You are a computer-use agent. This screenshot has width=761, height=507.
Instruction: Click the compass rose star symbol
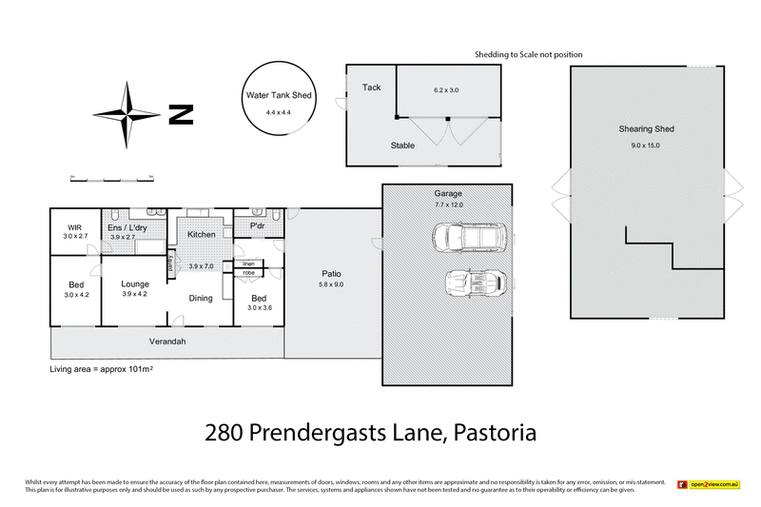point(130,115)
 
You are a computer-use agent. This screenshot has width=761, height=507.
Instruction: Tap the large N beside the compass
point(181,116)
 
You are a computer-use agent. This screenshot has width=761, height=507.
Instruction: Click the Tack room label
point(371,88)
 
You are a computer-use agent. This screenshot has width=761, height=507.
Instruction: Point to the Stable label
point(402,146)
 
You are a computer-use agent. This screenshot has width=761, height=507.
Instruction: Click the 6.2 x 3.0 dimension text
point(446,89)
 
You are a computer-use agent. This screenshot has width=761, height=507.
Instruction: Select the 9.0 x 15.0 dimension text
point(645,146)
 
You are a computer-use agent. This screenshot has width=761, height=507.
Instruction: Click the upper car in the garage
point(470,237)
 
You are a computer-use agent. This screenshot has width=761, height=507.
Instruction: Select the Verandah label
point(166,341)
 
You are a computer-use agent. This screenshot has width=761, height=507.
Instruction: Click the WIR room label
point(74,227)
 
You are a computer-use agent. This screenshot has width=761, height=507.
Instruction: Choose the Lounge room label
point(133,284)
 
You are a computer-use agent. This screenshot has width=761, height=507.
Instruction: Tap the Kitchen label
point(201,234)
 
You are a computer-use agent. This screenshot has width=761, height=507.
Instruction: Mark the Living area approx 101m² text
point(102,368)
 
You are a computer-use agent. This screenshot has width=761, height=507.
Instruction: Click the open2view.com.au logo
point(709,485)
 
